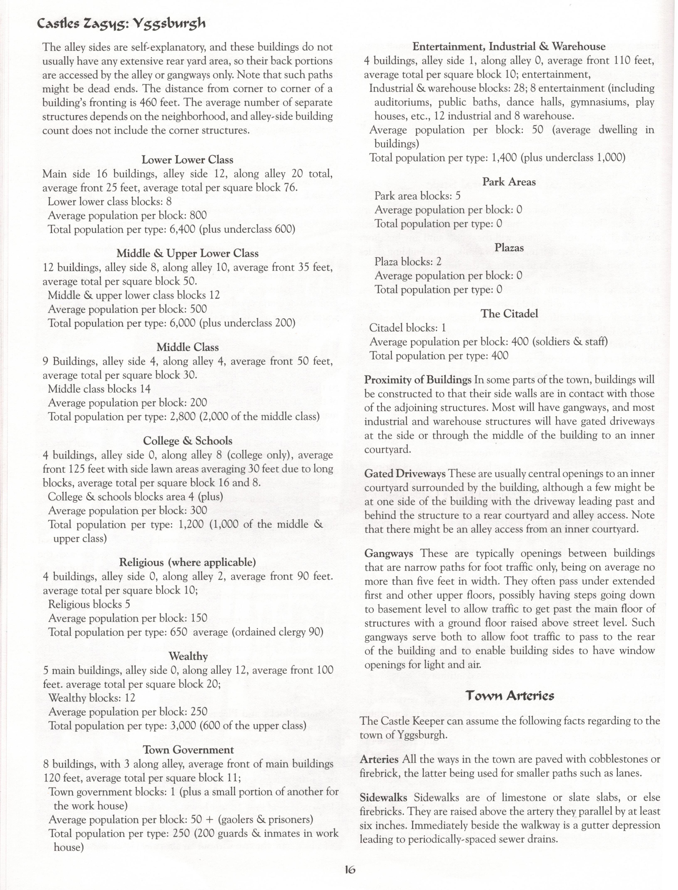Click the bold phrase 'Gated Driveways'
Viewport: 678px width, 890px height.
pyautogui.click(x=404, y=473)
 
